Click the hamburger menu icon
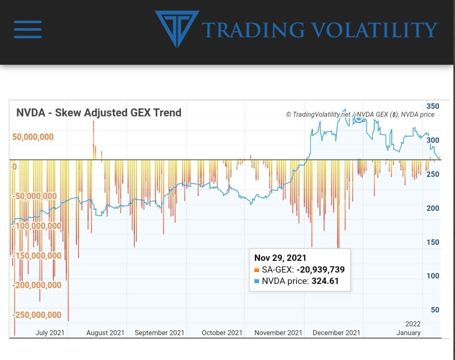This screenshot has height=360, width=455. click(28, 30)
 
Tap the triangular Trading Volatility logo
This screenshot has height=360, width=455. click(177, 28)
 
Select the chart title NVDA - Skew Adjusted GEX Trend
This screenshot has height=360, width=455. click(99, 113)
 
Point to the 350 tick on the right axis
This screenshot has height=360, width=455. click(433, 106)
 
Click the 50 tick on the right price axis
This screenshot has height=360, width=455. click(435, 310)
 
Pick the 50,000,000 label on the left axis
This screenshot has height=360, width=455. click(33, 137)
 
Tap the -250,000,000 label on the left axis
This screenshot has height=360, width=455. click(37, 315)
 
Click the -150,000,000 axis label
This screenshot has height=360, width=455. click(37, 256)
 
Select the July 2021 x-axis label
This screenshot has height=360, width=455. click(50, 333)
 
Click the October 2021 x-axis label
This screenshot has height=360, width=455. click(222, 333)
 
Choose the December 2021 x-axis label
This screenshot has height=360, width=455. click(336, 333)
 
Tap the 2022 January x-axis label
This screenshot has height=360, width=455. click(409, 328)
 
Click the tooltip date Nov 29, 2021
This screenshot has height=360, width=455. click(280, 258)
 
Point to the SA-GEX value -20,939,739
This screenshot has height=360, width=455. click(320, 270)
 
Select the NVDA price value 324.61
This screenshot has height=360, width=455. click(325, 281)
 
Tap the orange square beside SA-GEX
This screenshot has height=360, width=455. click(257, 270)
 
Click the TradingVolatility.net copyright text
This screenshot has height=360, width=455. click(318, 115)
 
